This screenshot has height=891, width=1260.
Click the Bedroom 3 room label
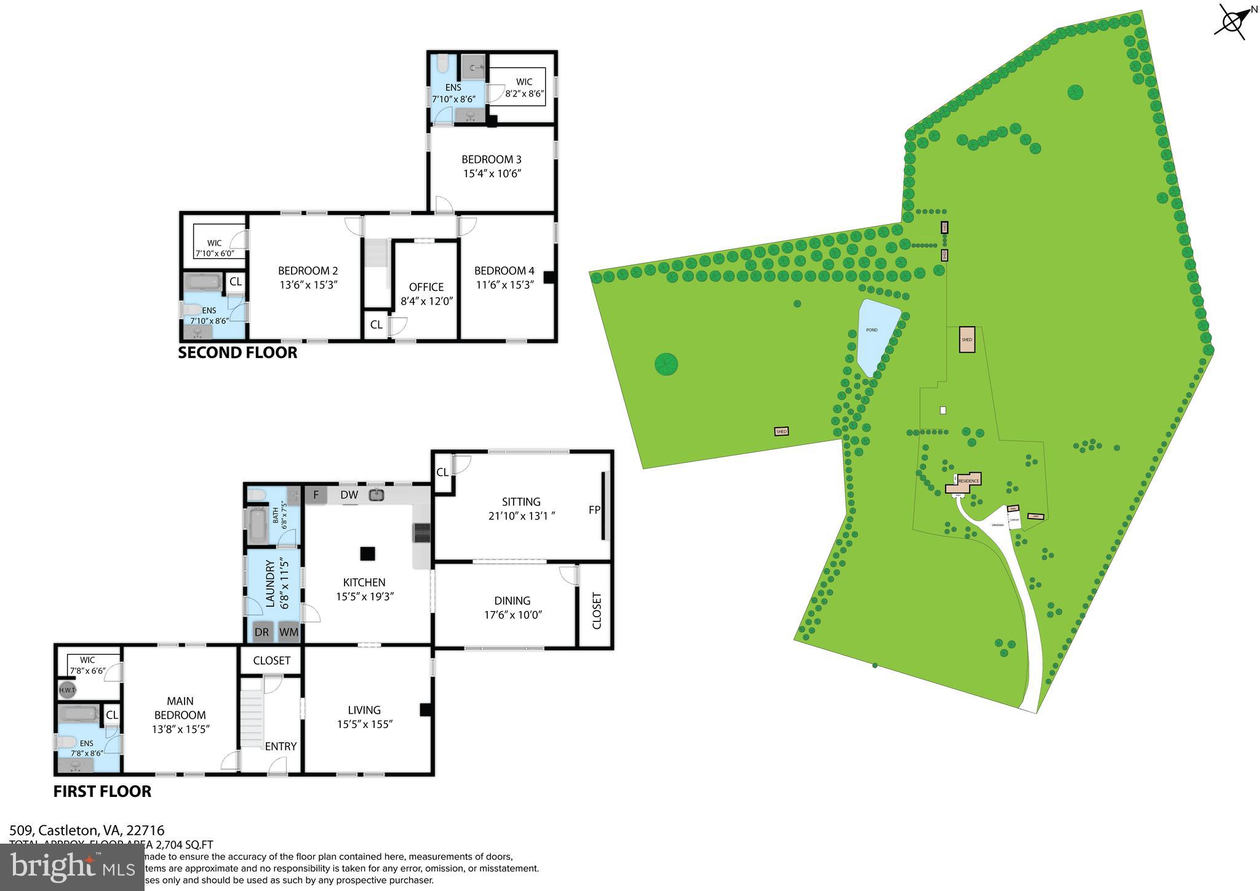coord(492,159)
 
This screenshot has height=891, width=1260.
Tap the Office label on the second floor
coord(426,287)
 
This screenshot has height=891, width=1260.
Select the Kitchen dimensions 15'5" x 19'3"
coord(365,596)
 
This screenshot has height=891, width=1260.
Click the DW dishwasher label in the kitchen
coord(349,495)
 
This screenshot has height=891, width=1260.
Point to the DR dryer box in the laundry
coord(261,632)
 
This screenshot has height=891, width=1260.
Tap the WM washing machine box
coord(289,632)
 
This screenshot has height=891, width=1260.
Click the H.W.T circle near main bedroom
coord(67,690)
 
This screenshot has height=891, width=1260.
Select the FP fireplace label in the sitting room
coord(594,510)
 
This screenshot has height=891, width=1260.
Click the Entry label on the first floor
coord(281,746)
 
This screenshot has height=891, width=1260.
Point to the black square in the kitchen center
coord(367,554)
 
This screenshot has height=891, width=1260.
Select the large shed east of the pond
coord(967,340)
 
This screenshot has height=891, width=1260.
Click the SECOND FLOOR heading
coord(237,353)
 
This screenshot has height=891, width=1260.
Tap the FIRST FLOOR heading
coord(102,791)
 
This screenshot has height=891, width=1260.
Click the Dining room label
coord(512,601)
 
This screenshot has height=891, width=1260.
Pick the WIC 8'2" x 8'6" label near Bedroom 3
coord(524,87)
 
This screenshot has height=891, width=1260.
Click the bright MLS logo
coord(72,867)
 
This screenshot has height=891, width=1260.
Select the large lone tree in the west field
coord(666,364)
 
